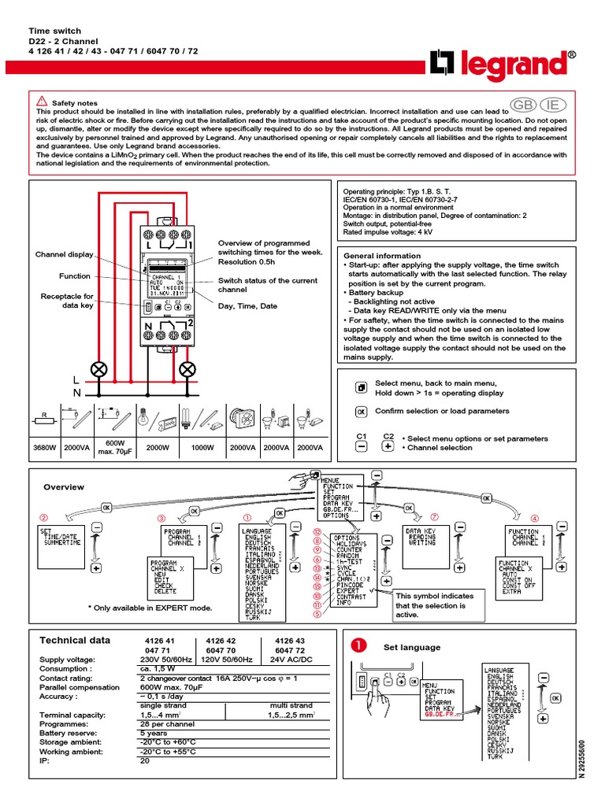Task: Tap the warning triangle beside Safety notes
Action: coord(42,102)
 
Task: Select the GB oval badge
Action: coord(521,105)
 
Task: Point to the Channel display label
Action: coord(64,254)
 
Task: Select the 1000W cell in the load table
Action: coord(203,447)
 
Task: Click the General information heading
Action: coord(382,256)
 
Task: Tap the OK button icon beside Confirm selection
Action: coord(361,411)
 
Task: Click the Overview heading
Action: coord(63,487)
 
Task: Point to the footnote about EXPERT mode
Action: coord(150,608)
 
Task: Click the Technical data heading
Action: coord(75,641)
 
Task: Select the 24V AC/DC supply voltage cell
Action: coord(291,660)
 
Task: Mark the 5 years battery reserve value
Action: coord(153,733)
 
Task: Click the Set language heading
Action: coord(412,647)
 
